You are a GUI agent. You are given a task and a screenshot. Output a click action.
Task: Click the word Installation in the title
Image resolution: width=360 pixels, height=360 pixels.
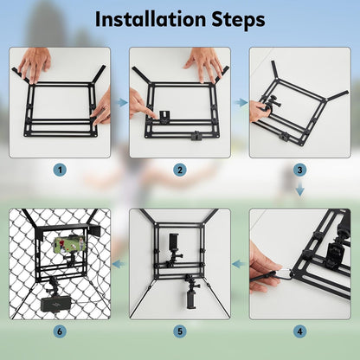point(150,19)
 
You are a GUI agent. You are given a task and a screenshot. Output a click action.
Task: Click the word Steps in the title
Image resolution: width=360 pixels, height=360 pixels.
point(238,20)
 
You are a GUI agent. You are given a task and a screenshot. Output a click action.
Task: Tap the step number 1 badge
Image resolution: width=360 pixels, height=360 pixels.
point(60,170)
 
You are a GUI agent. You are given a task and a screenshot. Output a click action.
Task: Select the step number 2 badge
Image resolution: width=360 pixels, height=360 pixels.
point(180,170)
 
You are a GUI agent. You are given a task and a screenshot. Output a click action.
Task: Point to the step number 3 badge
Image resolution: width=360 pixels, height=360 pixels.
point(299,170)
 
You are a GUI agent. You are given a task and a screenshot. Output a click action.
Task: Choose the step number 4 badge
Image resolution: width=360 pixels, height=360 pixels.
point(299,331)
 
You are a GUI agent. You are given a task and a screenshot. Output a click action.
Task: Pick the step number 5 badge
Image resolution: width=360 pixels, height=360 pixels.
point(180,331)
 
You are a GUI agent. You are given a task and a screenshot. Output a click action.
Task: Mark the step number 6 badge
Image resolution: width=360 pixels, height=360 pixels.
point(60,331)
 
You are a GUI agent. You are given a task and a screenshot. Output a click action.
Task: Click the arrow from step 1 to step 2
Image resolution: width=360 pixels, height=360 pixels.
point(123,102)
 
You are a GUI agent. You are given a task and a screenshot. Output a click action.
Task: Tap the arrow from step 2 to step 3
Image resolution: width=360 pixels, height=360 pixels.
point(241,102)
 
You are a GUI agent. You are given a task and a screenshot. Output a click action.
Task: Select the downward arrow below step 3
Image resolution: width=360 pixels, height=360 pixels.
point(300,189)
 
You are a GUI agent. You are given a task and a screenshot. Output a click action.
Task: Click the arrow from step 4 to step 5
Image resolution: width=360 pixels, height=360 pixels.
point(238,264)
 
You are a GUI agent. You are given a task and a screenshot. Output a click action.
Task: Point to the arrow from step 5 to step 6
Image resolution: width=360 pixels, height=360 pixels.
point(119,264)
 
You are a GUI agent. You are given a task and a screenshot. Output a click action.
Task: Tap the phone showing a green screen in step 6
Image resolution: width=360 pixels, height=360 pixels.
point(69,244)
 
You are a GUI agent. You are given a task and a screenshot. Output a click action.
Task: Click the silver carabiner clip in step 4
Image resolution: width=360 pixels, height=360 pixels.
point(286,273)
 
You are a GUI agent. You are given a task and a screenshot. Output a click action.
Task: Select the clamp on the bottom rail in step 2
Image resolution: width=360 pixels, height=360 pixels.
point(196,135)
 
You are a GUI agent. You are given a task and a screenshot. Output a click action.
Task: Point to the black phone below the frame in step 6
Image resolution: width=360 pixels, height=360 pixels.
point(55,305)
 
